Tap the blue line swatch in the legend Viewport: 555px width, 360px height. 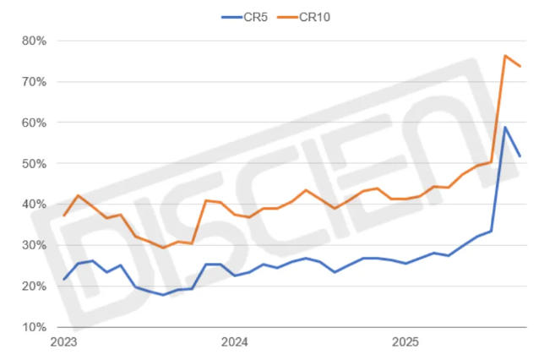[231, 15]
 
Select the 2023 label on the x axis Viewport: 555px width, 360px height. [64, 342]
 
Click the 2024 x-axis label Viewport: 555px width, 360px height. [235, 342]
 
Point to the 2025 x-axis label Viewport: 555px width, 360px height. [405, 342]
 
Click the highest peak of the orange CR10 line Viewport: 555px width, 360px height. [505, 56]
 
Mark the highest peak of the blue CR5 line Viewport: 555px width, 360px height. [505, 128]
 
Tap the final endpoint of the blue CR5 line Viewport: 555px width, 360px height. [520, 156]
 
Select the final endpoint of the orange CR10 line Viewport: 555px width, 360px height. [520, 66]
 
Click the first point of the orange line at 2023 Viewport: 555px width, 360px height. [64, 215]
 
